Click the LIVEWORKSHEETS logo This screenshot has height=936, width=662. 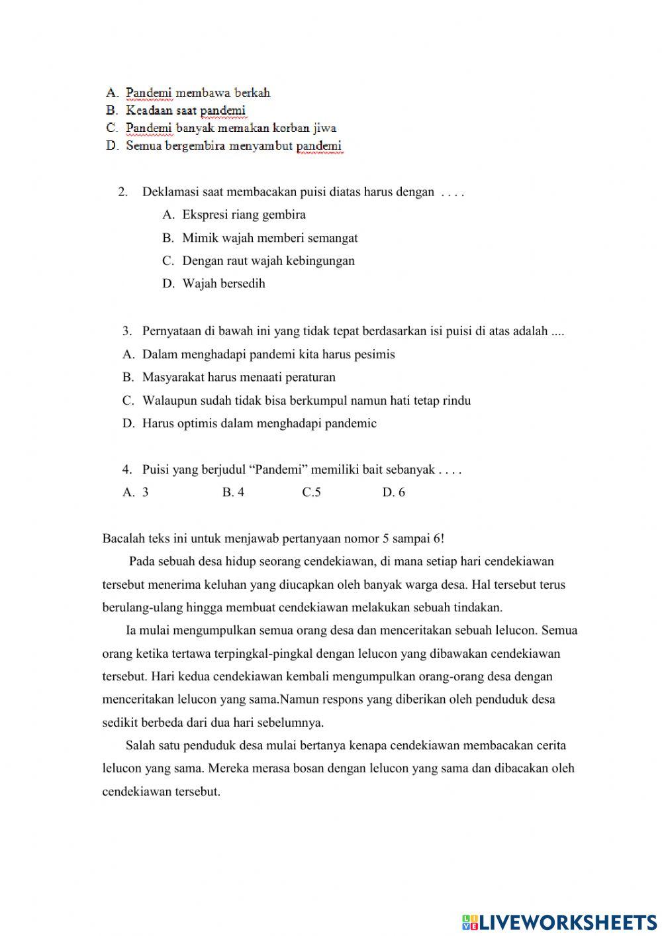[x=559, y=921]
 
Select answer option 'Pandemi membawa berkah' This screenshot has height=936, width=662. [x=197, y=93]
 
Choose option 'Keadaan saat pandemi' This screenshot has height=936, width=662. [x=185, y=111]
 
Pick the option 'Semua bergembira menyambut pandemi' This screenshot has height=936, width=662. [x=233, y=146]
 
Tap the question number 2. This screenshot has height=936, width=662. [x=122, y=193]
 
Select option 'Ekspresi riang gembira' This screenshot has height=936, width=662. [x=244, y=215]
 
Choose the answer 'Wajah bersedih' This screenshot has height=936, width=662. [x=223, y=284]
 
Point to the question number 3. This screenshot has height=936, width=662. [x=126, y=331]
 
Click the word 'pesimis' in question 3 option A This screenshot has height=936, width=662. [x=375, y=354]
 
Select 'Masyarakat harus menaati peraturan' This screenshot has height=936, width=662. [x=238, y=378]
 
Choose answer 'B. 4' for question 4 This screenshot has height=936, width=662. [x=233, y=492]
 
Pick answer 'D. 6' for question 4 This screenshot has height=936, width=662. [x=393, y=492]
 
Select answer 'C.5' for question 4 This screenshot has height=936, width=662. [x=311, y=492]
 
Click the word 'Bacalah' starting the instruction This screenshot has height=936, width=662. [x=122, y=539]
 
